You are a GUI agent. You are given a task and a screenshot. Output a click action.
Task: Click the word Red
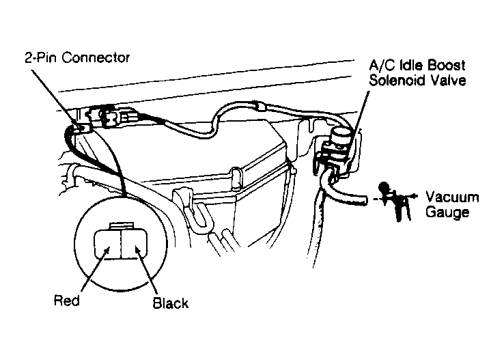[66, 301]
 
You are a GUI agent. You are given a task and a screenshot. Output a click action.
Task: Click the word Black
[170, 303]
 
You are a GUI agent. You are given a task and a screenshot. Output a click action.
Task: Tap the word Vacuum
[452, 197]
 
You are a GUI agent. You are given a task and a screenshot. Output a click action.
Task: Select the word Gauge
[447, 212]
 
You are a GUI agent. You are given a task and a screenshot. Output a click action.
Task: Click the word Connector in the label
[96, 58]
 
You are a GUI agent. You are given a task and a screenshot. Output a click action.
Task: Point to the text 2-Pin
[42, 58]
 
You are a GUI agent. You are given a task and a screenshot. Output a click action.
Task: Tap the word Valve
[449, 80]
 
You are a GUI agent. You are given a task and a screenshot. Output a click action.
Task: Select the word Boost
[447, 66]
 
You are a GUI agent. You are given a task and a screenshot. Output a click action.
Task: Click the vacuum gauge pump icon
[394, 201]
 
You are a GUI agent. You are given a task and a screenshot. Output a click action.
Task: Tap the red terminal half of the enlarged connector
[107, 244]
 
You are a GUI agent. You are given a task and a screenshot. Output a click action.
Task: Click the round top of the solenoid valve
[341, 135]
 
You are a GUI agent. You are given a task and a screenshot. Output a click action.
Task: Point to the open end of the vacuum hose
[365, 199]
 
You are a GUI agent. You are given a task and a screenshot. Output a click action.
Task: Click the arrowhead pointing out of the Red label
[108, 249]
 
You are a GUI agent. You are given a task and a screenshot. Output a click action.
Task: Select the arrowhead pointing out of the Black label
[137, 249]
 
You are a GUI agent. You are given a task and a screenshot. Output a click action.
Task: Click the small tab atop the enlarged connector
[121, 225]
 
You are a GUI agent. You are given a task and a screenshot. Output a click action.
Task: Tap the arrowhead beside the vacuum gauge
[415, 195]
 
